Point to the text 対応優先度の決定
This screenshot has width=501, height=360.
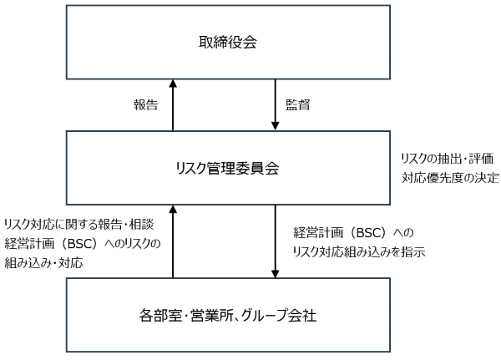[x=449, y=178]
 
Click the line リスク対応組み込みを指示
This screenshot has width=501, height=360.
[x=360, y=251]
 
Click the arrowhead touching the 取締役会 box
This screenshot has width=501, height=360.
[x=173, y=84]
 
